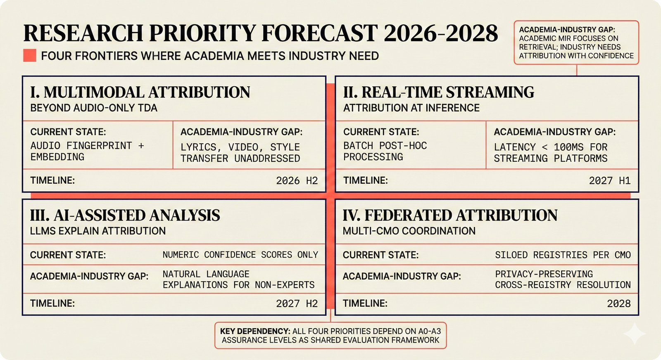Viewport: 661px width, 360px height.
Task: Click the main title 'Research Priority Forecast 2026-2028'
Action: [260, 33]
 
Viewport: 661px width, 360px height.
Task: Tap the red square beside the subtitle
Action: [30, 56]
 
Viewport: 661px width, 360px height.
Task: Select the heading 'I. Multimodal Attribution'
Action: [140, 92]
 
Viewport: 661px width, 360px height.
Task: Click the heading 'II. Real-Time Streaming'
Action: [438, 92]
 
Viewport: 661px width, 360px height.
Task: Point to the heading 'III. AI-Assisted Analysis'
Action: [125, 215]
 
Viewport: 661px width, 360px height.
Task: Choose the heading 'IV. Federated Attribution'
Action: [450, 215]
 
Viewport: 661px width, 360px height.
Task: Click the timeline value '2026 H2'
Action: [297, 180]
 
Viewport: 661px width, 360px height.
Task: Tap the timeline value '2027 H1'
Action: [609, 180]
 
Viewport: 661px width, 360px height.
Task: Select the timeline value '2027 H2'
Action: [297, 303]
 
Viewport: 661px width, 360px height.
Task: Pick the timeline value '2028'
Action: [618, 303]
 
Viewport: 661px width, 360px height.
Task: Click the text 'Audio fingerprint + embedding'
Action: [87, 151]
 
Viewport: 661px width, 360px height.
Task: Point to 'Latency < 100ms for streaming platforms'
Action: [550, 153]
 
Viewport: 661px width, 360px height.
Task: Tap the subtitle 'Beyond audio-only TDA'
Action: [94, 108]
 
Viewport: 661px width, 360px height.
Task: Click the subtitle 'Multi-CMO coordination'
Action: [409, 231]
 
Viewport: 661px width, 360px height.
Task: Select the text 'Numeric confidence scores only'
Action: [240, 255]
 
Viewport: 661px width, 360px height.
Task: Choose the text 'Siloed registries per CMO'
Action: [563, 255]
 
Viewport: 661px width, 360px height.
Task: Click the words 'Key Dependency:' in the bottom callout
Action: [255, 331]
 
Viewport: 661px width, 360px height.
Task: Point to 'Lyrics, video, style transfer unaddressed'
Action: [240, 153]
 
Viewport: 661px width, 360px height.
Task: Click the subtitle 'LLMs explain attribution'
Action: [98, 231]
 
